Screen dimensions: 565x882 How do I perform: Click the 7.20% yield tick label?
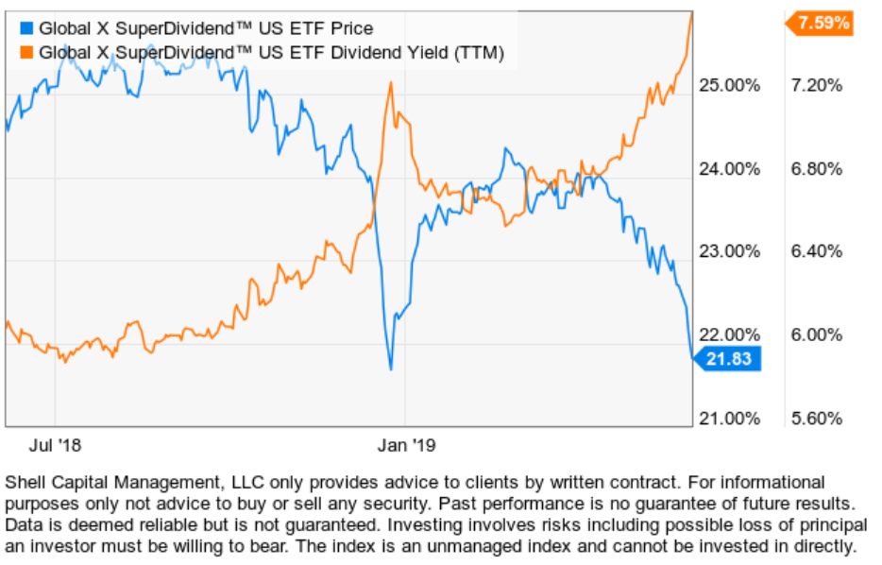[813, 86]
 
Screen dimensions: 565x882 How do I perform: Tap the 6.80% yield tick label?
[813, 169]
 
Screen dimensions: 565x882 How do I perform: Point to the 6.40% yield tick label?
[813, 251]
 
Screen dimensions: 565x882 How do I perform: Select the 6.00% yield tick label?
[813, 334]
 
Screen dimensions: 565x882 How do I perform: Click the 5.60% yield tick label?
[813, 418]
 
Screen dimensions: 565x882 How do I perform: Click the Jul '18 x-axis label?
[56, 442]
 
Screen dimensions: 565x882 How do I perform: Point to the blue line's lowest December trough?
[390, 368]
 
